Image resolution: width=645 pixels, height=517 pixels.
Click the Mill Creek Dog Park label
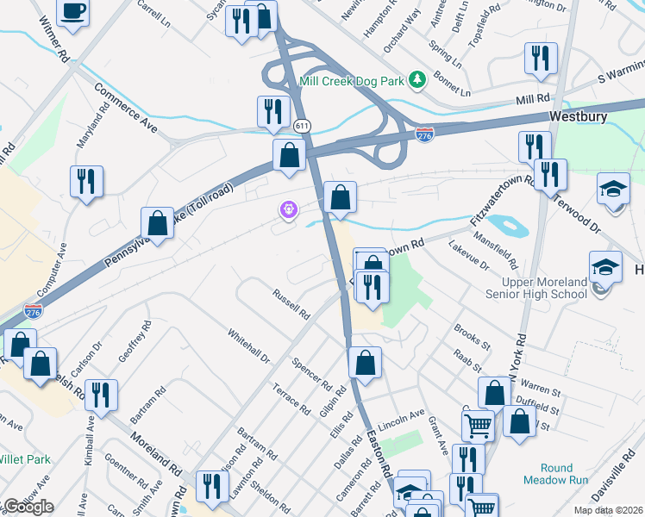(x=352, y=81)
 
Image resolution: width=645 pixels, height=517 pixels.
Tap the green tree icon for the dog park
(x=418, y=80)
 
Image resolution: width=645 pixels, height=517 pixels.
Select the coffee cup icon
(x=72, y=11)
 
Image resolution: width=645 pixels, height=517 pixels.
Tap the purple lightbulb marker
(x=287, y=209)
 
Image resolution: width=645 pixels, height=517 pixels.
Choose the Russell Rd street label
(x=291, y=302)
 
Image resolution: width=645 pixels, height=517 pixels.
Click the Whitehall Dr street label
(x=248, y=345)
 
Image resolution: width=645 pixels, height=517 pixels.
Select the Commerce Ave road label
(x=127, y=108)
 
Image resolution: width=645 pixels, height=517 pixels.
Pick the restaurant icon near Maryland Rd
(x=86, y=181)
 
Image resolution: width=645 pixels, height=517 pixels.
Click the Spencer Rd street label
(x=311, y=372)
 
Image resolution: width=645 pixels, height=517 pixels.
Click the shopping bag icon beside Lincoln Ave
(x=365, y=363)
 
